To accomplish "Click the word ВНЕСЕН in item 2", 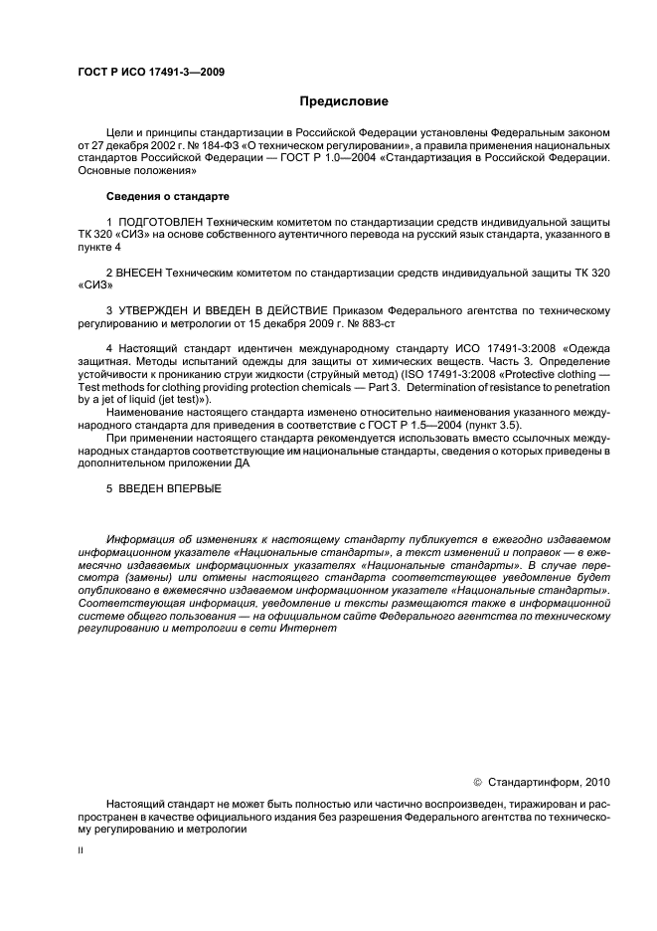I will coord(143,271).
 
